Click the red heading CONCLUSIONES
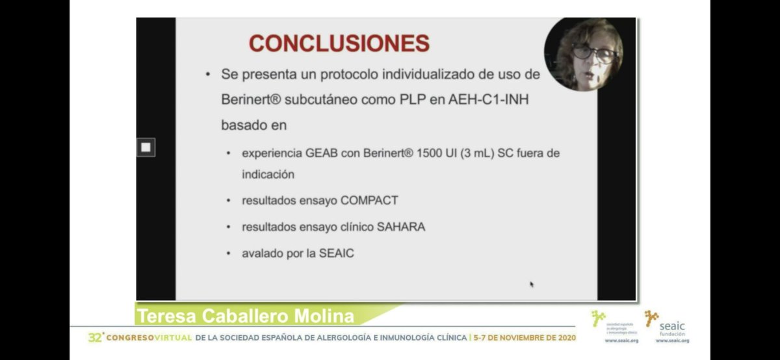click(339, 43)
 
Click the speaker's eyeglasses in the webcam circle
click(595, 53)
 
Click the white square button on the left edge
click(146, 148)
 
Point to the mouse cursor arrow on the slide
click(532, 284)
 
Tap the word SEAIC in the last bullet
click(337, 253)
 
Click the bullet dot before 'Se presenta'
click(207, 75)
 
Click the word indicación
click(268, 174)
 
